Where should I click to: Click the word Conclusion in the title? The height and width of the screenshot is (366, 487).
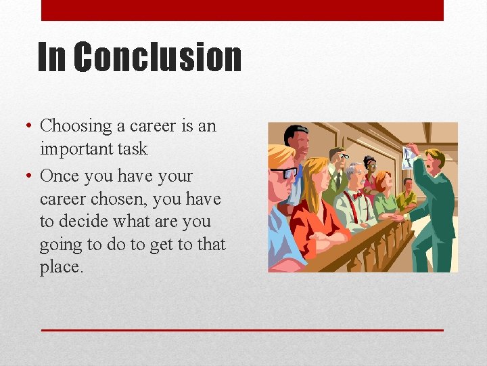157,57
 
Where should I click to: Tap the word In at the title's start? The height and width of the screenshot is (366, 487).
51,57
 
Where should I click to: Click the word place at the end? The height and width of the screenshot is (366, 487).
61,268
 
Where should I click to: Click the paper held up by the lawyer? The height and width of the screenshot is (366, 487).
409,157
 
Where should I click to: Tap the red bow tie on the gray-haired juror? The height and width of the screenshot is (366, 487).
358,196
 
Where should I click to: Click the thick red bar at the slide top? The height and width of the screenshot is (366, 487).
242,10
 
